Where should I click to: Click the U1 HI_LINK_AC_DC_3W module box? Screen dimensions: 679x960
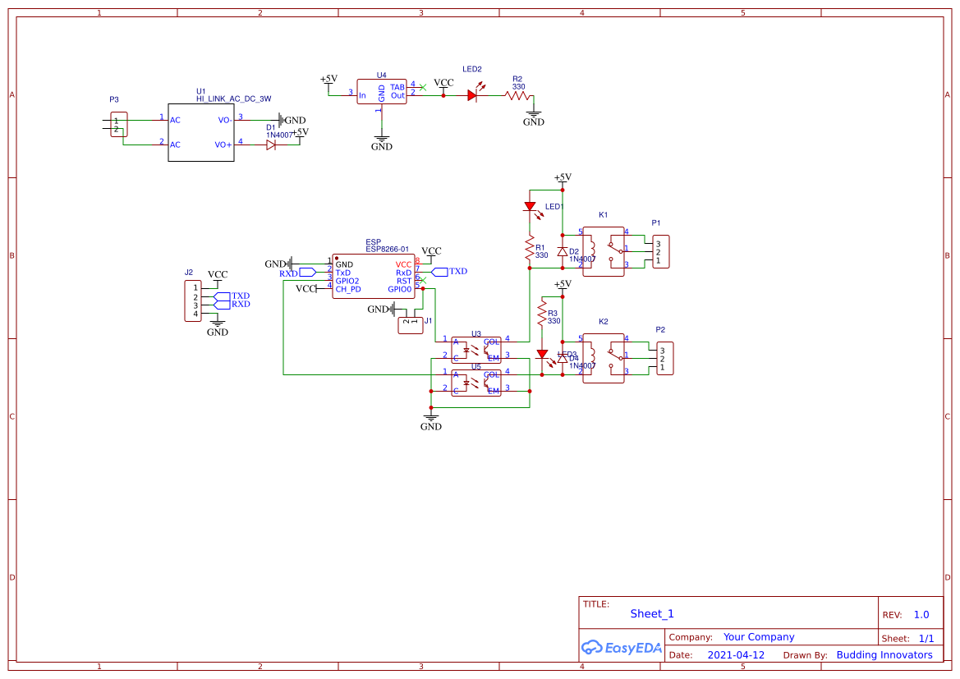200,132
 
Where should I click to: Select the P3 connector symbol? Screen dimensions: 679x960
120,125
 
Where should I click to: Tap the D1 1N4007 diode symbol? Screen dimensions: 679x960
271,145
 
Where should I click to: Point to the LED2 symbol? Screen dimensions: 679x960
472,95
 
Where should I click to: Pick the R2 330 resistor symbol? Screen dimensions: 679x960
517,95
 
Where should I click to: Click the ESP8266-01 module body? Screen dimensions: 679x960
374,276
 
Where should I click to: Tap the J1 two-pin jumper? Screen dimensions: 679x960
411,324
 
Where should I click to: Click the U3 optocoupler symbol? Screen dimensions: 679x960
476,349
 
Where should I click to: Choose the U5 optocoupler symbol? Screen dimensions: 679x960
476,382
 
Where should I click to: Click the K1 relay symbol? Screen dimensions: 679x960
604,251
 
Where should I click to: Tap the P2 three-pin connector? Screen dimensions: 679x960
664,358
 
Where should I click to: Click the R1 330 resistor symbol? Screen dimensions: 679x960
530,250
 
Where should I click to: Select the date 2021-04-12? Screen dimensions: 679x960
736,655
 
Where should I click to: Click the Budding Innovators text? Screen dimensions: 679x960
884,655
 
